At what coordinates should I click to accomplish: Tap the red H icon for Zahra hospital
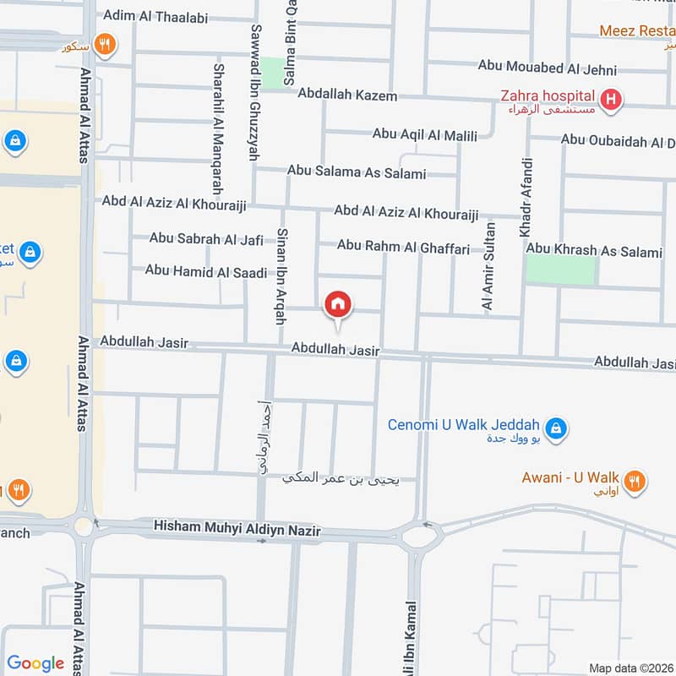612,101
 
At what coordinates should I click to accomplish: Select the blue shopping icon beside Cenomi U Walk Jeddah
555,428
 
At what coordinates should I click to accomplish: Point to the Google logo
35,663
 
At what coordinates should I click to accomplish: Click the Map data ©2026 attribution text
630,668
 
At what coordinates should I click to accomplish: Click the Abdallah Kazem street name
347,95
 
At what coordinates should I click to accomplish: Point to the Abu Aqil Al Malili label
425,135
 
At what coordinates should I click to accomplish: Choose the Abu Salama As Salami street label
357,172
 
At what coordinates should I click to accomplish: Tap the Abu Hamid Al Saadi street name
206,270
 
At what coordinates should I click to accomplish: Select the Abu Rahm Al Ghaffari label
403,246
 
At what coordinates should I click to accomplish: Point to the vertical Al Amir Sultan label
489,265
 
